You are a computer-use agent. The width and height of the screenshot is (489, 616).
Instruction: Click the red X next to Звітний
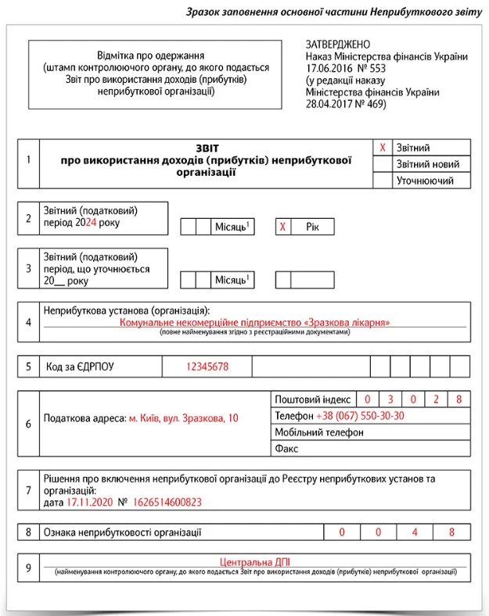[x=383, y=148]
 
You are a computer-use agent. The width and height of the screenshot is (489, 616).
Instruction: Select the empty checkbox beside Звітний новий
[x=383, y=164]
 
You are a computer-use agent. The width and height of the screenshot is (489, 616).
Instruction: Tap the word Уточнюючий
[x=426, y=181]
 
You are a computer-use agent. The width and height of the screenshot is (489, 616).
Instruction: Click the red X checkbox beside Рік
[x=283, y=227]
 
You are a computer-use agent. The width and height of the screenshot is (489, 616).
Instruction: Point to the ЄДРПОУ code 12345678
[x=207, y=367]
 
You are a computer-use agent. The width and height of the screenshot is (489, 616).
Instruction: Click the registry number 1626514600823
[x=167, y=503]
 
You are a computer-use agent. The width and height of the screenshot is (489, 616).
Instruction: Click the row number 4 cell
[x=28, y=322]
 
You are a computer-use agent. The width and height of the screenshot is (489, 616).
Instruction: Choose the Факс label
[x=287, y=449]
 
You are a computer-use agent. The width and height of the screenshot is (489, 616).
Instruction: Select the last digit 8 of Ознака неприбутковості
[x=451, y=532]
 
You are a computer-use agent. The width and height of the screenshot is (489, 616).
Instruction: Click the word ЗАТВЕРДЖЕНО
[x=338, y=45]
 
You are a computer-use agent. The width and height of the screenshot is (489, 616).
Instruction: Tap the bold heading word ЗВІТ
[x=207, y=147]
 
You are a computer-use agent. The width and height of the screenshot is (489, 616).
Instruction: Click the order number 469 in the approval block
[x=375, y=104]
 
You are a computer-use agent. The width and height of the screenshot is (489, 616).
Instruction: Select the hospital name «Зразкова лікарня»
[x=349, y=322]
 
